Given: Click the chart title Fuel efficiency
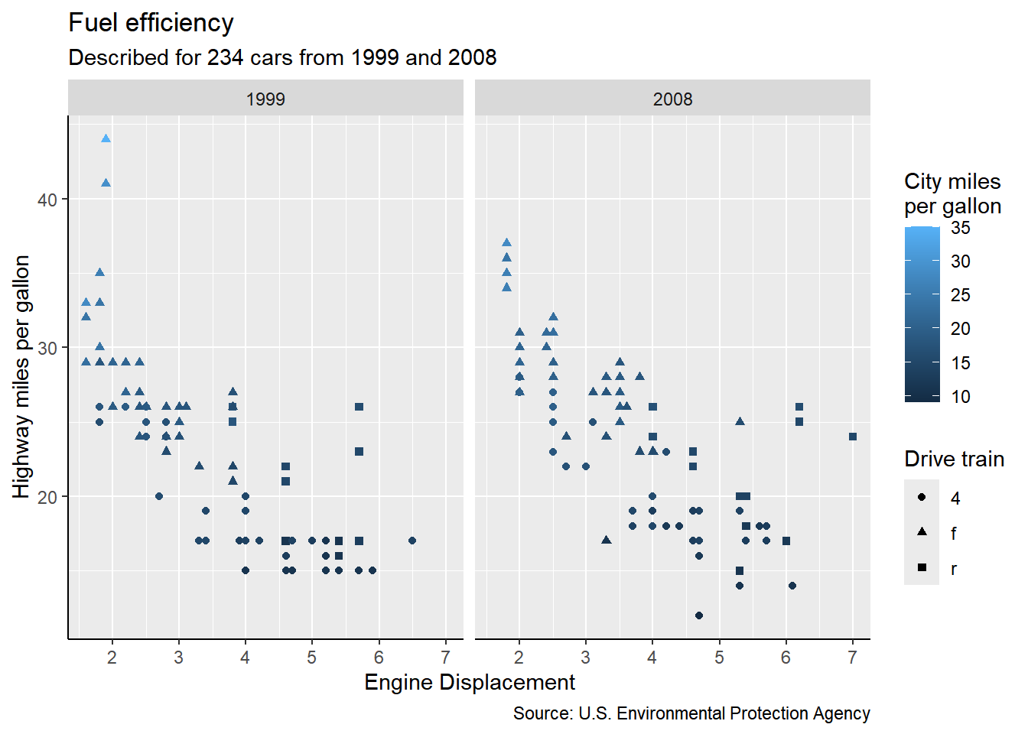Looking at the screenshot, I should coord(151,23).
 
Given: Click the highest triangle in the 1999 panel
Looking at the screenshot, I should coord(106,138).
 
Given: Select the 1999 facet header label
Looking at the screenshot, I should coord(265,99).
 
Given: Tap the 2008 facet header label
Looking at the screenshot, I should coord(672,99).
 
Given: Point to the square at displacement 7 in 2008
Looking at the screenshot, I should coord(853,437).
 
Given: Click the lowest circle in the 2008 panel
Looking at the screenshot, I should coord(698,615).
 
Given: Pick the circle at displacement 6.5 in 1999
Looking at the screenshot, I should coord(412,541).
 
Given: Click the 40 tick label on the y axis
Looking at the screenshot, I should coord(47,200).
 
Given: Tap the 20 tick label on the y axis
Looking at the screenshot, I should coord(47,497).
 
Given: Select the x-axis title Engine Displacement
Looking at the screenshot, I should coord(469,682).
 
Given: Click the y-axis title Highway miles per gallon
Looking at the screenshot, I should coord(21,376).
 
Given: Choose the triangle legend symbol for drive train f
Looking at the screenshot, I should coord(922,532).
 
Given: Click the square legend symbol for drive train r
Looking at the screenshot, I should coord(922,567).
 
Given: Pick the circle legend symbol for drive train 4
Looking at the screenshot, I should coord(922,497).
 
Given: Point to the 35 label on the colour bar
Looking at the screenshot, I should coord(961,228).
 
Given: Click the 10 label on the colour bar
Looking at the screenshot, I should coord(961,397).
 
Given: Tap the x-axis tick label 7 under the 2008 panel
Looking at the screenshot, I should coord(853,658).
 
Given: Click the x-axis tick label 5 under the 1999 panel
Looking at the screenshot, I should coord(312,658).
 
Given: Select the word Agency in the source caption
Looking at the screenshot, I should coord(841,713).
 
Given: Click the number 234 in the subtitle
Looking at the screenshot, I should coord(226,58).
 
